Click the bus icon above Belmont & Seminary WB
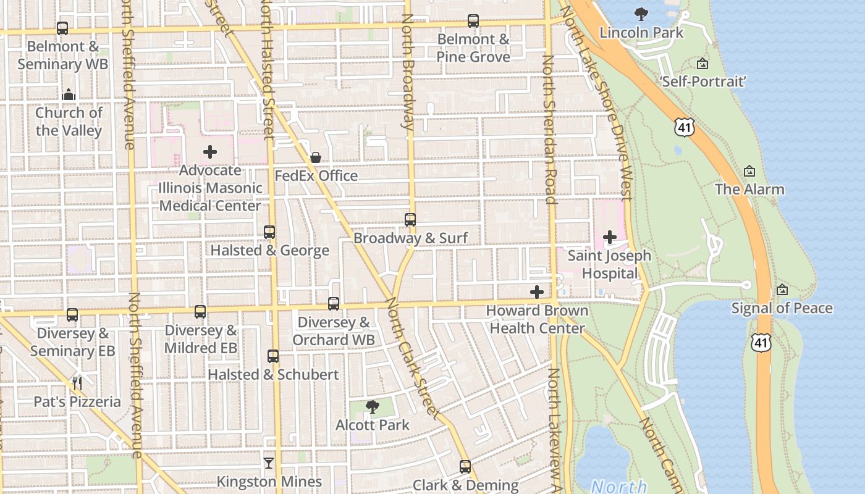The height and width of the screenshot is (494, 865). point(62,28)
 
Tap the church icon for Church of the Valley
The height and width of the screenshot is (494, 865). point(69,94)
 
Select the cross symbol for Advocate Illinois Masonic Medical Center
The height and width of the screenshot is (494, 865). point(210,152)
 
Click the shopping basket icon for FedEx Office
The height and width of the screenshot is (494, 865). point(316,157)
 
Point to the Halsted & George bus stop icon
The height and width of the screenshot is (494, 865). point(269,232)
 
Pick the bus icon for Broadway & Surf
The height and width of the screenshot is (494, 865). point(410,220)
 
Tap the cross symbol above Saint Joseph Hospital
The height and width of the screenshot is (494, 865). point(610,237)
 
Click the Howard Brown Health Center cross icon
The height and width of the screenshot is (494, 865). point(537,292)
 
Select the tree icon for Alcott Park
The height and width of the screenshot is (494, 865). point(373,406)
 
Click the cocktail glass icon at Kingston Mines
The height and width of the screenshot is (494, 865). point(269,463)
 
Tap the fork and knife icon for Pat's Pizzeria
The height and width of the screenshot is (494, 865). point(77,383)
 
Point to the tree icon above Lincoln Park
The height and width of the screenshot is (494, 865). point(641,14)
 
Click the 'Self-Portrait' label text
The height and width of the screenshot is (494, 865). point(704,82)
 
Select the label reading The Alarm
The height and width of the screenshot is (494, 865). point(749,190)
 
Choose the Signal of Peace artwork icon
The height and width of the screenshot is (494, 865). point(782,290)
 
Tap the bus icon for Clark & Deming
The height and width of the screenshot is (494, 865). point(465,467)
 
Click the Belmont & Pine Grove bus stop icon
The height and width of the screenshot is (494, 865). point(473,21)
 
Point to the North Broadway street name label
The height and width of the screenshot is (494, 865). point(408,71)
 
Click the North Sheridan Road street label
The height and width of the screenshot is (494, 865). point(548,130)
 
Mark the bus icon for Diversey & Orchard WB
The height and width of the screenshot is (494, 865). point(334,304)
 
